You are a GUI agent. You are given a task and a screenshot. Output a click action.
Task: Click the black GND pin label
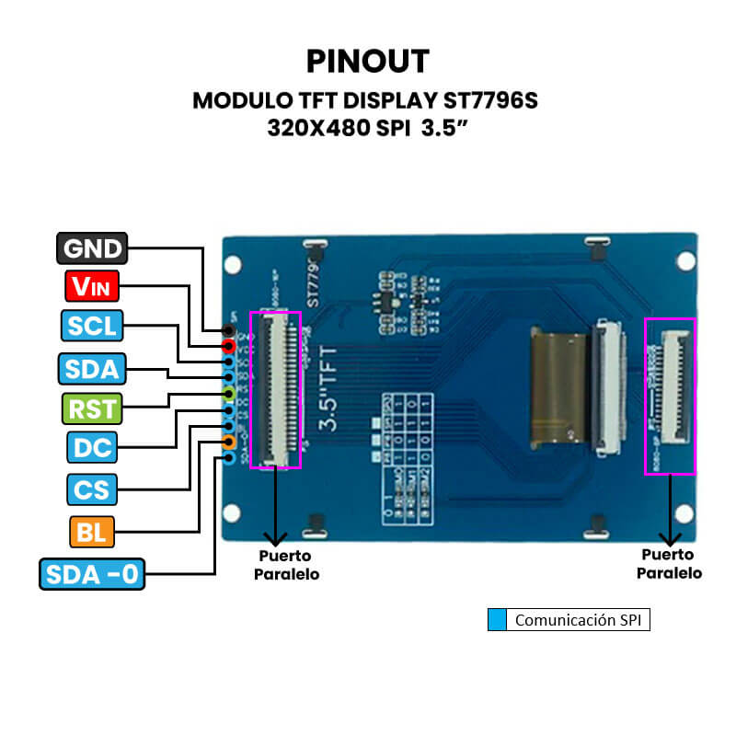[x=92, y=248]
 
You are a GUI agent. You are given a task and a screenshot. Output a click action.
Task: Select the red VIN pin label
[x=92, y=287]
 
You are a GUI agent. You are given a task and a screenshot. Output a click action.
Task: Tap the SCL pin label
[x=92, y=327]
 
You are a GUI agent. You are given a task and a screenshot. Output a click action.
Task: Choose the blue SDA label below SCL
[x=92, y=369]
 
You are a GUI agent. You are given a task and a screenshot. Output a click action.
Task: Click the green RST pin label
[x=92, y=408]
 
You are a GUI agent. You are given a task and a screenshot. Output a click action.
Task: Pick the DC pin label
[x=92, y=448]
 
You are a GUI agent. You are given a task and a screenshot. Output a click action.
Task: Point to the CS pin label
[x=92, y=489]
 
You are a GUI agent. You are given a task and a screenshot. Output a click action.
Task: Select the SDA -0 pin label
[x=92, y=574]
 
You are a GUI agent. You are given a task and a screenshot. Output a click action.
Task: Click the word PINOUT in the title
[x=367, y=61]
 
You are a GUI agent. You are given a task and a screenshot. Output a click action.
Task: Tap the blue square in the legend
[x=497, y=620]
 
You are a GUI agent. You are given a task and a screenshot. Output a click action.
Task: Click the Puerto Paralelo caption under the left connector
[x=285, y=565]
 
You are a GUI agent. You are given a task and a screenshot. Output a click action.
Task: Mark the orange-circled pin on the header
[x=228, y=443]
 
